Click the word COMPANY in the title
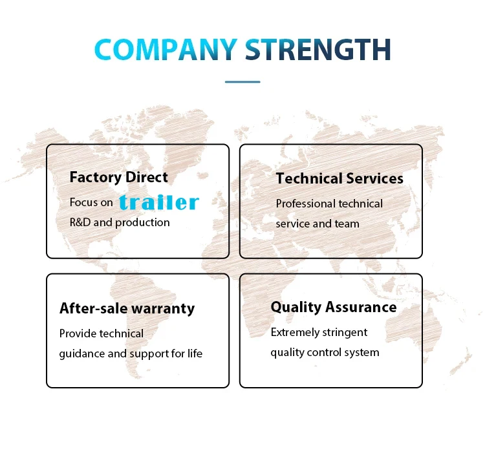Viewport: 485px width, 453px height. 166,50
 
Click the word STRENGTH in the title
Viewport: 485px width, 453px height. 318,50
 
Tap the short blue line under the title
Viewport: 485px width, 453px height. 242,82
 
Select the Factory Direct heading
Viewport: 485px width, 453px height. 118,177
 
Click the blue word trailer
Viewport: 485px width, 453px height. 159,202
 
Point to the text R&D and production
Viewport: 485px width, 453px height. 120,222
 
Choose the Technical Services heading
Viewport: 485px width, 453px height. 339,178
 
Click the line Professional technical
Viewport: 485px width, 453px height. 329,204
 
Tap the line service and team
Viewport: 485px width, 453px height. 318,224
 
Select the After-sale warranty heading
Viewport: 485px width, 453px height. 127,308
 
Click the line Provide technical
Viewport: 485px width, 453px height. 102,333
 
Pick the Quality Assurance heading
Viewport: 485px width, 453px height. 334,307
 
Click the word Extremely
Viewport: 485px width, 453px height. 295,332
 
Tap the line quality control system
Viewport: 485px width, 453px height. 325,352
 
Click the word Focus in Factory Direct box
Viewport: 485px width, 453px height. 83,202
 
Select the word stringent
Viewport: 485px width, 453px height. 345,332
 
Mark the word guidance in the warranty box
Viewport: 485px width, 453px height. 82,354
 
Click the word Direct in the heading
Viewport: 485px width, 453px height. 146,177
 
